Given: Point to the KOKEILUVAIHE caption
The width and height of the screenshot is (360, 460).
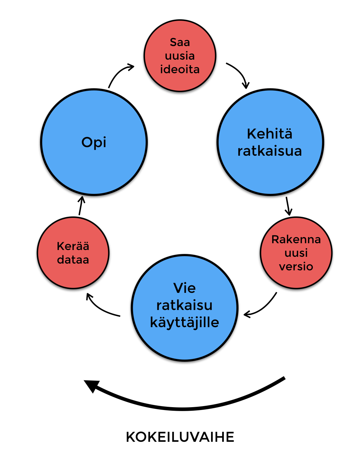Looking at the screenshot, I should [180, 437].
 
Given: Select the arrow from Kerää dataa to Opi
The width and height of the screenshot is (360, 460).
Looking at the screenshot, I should [81, 206].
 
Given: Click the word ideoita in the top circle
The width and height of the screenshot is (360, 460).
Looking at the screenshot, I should [180, 69].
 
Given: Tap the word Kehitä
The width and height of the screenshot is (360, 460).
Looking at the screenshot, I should [270, 134].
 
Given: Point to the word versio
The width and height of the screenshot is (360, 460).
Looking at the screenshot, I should [296, 266].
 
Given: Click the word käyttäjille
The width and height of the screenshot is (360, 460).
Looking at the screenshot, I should [185, 322].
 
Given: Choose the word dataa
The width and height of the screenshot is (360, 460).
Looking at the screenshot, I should [73, 260].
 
